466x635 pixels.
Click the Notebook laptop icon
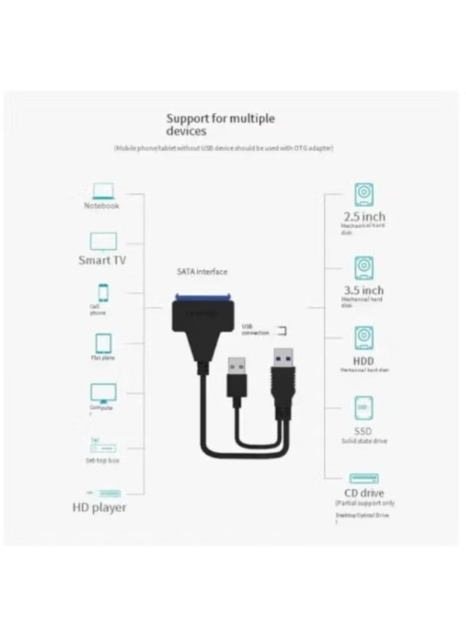pyautogui.click(x=104, y=190)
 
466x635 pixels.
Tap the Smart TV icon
pyautogui.click(x=103, y=241)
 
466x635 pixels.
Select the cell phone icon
pyautogui.click(x=103, y=292)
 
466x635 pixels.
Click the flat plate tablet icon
pyautogui.click(x=103, y=344)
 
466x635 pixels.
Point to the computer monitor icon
pyautogui.click(x=103, y=393)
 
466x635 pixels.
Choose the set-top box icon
pyautogui.click(x=103, y=447)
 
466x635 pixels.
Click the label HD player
pyautogui.click(x=100, y=507)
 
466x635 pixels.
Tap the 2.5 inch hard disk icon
pyautogui.click(x=364, y=194)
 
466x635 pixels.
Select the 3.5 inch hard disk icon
pyautogui.click(x=364, y=268)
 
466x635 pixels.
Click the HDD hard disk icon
pyautogui.click(x=364, y=337)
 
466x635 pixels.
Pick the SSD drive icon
pyautogui.click(x=364, y=408)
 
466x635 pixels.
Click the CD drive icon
pyautogui.click(x=364, y=478)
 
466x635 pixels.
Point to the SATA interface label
pyautogui.click(x=202, y=272)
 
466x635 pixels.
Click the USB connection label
pyautogui.click(x=256, y=329)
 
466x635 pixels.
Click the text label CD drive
pyautogui.click(x=364, y=493)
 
